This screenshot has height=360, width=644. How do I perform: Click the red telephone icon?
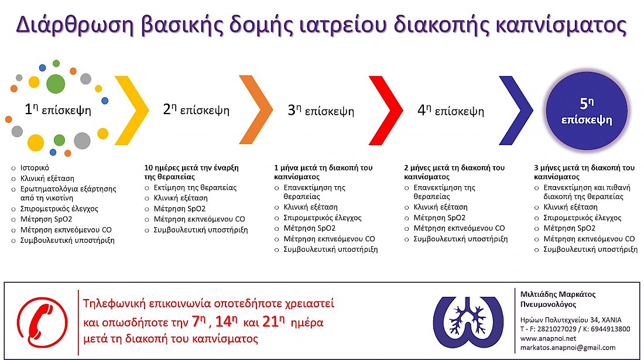tap(42, 322)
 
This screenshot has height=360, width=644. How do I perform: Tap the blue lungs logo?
tap(468, 322)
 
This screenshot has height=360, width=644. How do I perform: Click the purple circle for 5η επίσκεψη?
tap(587, 111)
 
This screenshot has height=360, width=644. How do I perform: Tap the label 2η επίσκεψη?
tap(196, 109)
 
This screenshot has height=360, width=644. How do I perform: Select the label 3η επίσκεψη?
tap(321, 111)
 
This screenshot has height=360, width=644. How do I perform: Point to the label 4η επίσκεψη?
tap(451, 111)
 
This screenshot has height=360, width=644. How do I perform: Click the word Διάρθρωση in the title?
tap(75, 25)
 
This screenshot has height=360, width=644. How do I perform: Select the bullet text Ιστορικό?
tap(35, 168)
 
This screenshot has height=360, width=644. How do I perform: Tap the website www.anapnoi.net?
tap(548, 339)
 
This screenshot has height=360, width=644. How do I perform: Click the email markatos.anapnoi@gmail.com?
tap(568, 348)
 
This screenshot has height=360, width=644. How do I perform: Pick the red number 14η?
tap(227, 321)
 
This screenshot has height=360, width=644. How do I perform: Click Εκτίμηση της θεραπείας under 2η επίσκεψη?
tap(195, 187)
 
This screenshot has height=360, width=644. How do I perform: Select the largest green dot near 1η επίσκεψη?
tap(56, 84)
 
